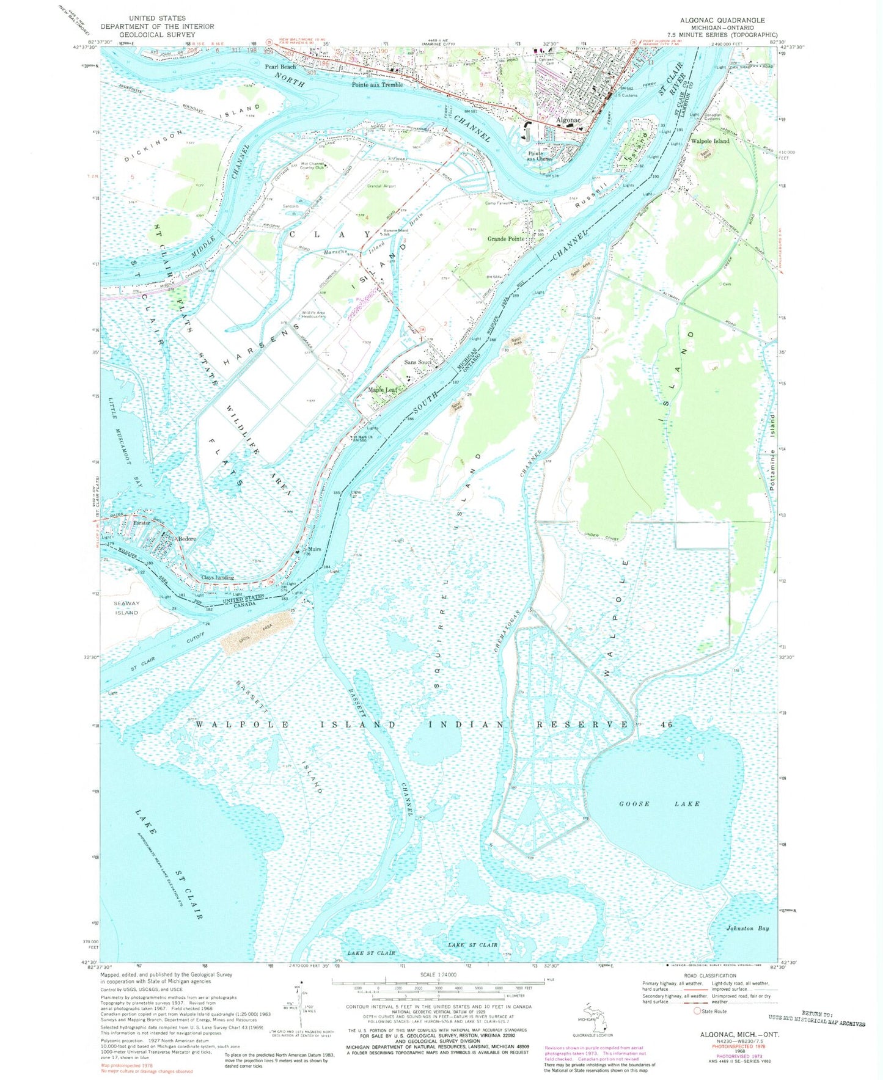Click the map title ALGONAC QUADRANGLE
[727, 20]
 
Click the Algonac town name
[568, 120]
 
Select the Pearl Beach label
[280, 67]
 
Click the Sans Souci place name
[418, 362]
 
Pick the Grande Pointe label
[506, 239]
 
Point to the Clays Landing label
[218, 577]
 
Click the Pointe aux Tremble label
[377, 85]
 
